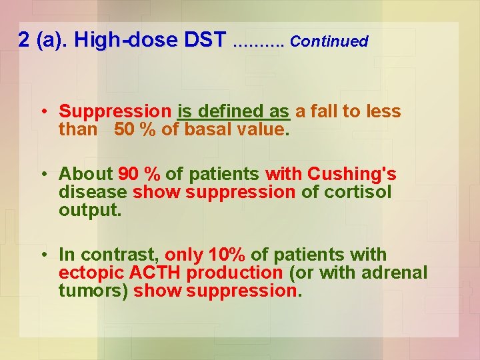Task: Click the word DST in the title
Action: [x=205, y=40]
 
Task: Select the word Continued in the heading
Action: [x=329, y=41]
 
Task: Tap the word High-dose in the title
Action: [x=126, y=40]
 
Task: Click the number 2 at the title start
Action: [x=24, y=40]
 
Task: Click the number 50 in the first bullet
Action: [x=124, y=129]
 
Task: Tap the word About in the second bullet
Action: [x=86, y=175]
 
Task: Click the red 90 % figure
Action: [x=139, y=175]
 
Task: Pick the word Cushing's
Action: [x=352, y=175]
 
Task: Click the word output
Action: [x=89, y=210]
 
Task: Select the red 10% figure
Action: [x=227, y=255]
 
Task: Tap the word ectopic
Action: [x=86, y=273]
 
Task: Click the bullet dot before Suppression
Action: [x=42, y=111]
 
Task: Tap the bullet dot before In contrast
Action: [x=42, y=255]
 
